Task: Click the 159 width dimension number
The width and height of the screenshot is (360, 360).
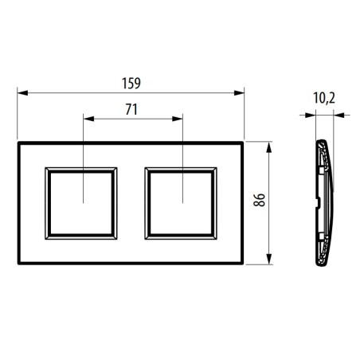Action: tap(131, 82)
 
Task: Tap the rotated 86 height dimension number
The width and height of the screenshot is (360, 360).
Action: tap(258, 202)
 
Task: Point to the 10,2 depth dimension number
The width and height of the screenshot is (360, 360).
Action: tap(323, 100)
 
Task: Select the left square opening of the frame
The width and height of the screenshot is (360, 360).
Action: tap(83, 202)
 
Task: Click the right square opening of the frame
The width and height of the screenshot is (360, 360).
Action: tap(181, 202)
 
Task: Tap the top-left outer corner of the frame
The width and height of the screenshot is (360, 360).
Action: tap(18, 142)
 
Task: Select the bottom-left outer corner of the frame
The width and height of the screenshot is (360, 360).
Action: tap(18, 264)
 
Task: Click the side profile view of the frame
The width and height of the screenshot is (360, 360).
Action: tap(319, 202)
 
